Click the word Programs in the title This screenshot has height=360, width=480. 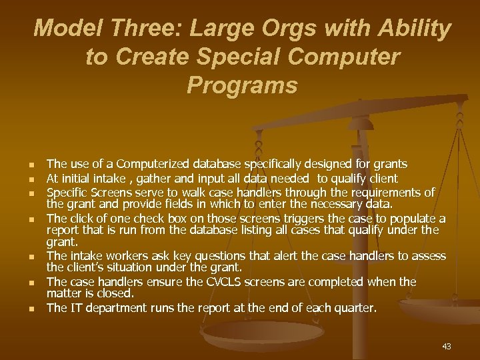[242, 85]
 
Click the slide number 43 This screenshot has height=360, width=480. [446, 346]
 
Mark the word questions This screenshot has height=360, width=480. [225, 257]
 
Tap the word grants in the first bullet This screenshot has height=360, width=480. [390, 163]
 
